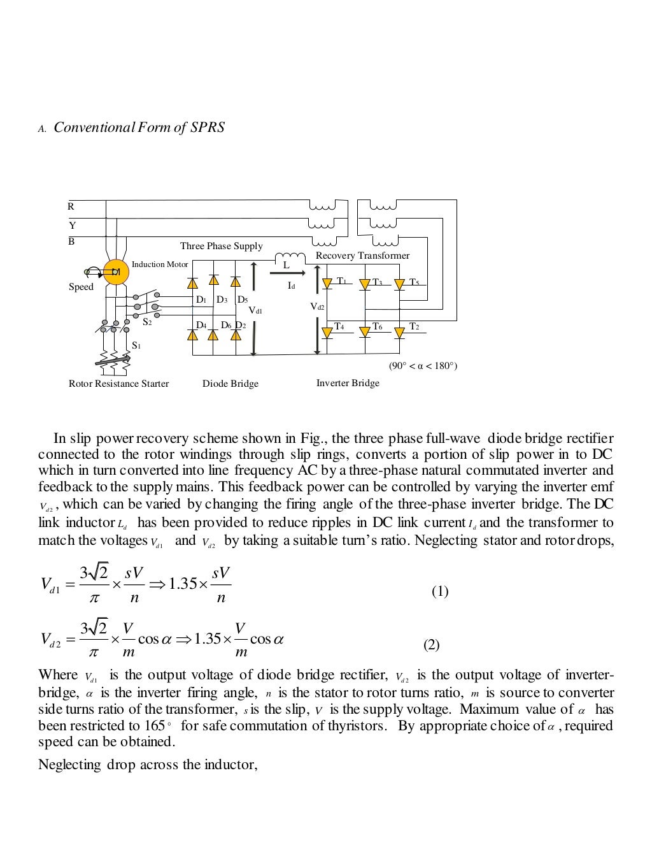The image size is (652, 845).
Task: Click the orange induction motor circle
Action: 115,271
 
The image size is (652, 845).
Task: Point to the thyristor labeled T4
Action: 328,331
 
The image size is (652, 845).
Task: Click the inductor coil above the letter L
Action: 286,257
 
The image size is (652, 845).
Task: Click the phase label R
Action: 71,206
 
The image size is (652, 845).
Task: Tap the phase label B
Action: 71,242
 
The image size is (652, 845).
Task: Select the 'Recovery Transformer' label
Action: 362,256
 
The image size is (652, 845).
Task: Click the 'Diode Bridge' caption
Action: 230,384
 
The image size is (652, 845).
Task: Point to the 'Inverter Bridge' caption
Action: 348,383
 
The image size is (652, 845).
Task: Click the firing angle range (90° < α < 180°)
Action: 423,366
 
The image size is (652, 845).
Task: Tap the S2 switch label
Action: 147,322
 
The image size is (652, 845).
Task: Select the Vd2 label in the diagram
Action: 317,307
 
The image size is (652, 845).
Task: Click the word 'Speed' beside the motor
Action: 81,287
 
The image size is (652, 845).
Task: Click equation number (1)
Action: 440,591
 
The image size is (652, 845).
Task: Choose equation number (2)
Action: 432,645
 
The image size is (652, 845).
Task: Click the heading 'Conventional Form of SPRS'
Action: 139,127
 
